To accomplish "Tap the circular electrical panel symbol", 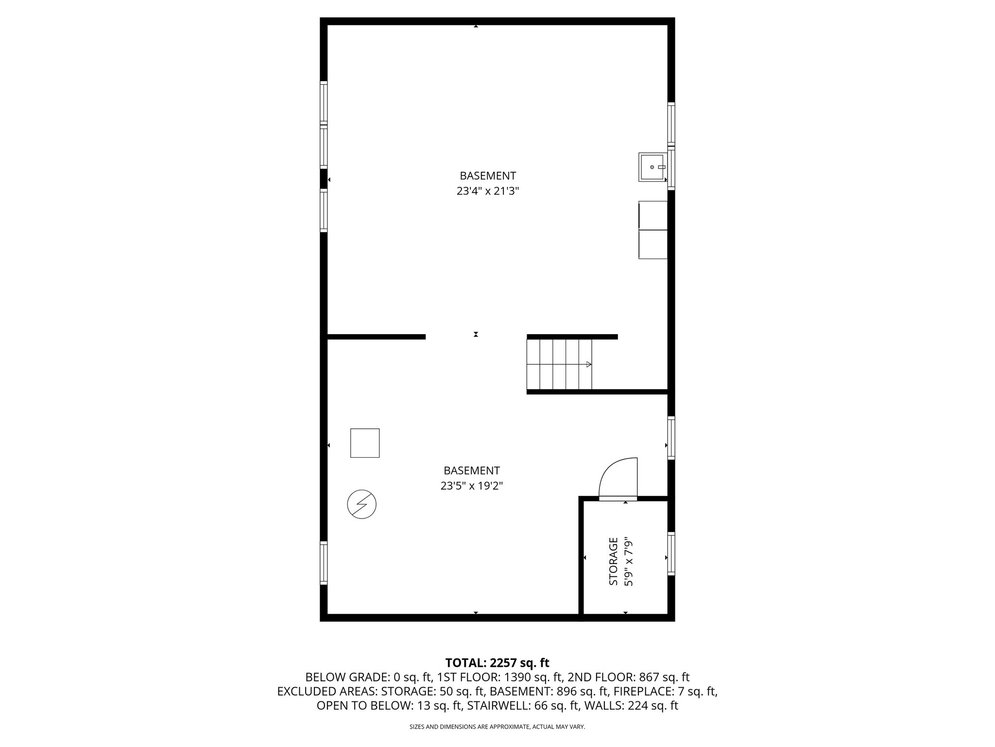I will [361, 504].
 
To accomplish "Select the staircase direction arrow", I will [588, 364].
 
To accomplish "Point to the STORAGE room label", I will [614, 561].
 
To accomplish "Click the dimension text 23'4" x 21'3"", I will [488, 191].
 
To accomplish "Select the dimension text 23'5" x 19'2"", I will [471, 486].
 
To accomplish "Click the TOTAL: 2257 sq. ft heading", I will [497, 663].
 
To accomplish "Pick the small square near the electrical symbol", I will [365, 443].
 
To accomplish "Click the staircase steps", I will [559, 364].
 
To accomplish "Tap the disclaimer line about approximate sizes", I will [497, 727].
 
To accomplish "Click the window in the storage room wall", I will [671, 554].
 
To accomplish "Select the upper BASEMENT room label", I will [488, 176].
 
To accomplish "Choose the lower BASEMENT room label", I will [471, 471].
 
